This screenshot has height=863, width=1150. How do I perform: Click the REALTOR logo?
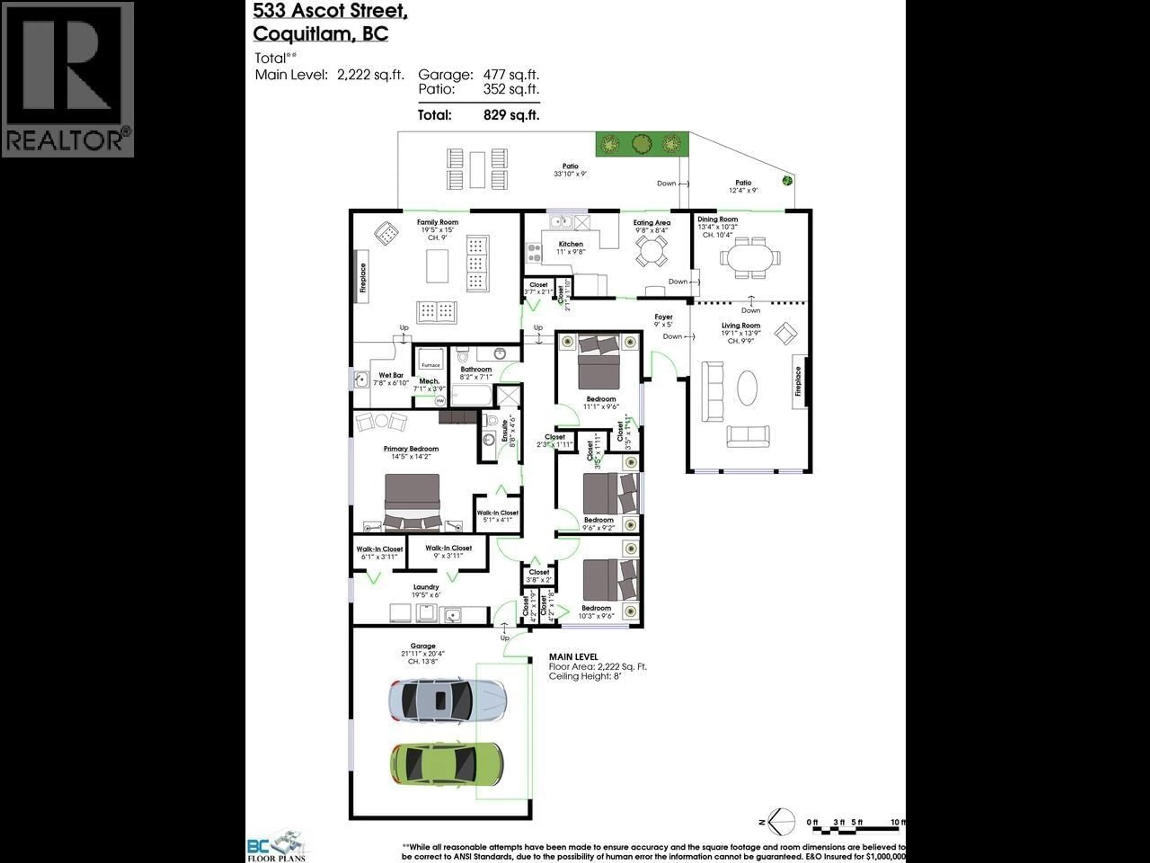pos(68,79)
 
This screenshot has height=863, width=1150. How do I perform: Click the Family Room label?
pos(437,222)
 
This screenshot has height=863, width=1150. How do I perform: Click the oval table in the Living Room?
pos(747,387)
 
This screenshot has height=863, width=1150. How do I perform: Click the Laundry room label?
pos(426,587)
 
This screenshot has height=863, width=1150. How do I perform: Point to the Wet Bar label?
pos(391,375)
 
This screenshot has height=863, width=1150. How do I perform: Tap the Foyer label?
pos(663,317)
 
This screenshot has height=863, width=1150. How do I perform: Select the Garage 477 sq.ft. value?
pos(511,75)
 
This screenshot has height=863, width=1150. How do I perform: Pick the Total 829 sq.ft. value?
pos(511,115)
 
